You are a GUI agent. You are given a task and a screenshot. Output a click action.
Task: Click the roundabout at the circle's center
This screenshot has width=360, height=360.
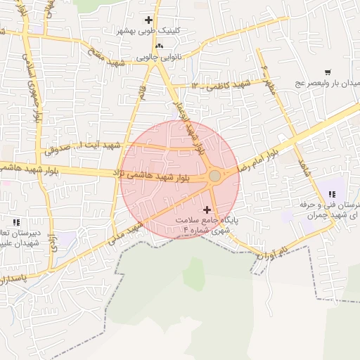[x=215, y=176]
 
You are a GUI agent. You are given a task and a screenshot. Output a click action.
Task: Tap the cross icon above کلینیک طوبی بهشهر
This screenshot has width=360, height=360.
[x=148, y=20]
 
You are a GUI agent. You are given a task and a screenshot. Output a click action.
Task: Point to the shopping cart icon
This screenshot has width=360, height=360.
[x=328, y=72]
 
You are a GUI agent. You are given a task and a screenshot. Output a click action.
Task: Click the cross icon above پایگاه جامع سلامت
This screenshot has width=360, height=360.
[x=207, y=210]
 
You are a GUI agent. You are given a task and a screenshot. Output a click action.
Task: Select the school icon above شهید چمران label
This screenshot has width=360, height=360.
[x=331, y=195]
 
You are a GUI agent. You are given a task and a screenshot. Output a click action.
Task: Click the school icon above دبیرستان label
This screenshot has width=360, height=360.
[x=16, y=223]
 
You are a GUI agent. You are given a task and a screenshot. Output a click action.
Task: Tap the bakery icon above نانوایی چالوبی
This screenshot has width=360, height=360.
[x=159, y=46]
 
